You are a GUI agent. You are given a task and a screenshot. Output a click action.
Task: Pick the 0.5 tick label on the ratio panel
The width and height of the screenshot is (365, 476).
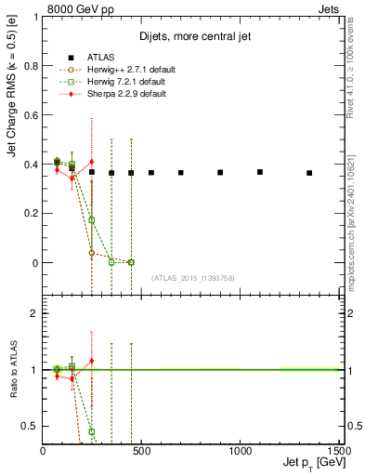(30, 426)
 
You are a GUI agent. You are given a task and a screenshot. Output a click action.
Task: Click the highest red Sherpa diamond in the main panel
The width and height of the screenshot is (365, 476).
(92, 162)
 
